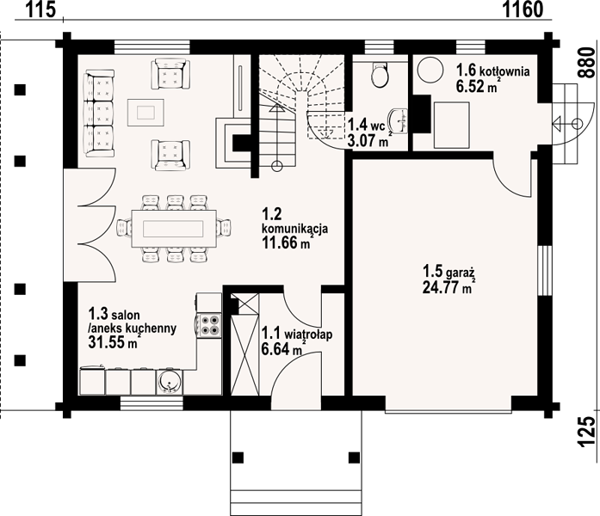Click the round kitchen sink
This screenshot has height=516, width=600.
[169, 381]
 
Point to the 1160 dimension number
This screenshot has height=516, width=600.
[522, 9]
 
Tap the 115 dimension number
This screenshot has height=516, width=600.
[40, 9]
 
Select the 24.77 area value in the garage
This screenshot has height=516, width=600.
[442, 287]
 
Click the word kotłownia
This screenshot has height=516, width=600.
[504, 71]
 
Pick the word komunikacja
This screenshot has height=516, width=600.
[294, 229]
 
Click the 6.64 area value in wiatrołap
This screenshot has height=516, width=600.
[275, 349]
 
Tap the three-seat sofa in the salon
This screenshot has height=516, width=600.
[99, 114]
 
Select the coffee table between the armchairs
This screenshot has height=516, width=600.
[145, 113]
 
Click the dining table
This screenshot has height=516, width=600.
[173, 229]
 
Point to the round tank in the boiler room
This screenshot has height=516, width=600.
[430, 69]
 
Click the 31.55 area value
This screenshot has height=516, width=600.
[107, 342]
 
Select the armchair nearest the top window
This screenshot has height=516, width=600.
[170, 73]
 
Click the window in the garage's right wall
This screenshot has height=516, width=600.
[545, 270]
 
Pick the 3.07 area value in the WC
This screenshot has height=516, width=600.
[362, 141]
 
